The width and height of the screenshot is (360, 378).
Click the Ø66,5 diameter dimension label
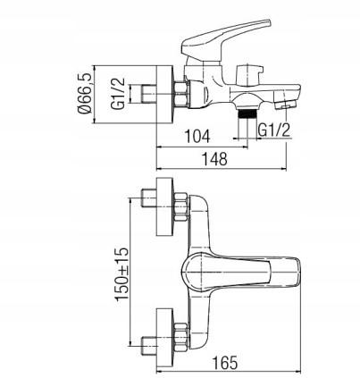point(85,94)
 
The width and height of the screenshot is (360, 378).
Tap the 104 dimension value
point(197,137)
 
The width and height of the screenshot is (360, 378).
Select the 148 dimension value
point(214,159)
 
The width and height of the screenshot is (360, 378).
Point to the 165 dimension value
point(225,363)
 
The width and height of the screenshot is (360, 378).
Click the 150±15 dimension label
point(121,273)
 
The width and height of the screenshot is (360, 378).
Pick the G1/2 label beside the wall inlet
point(118,94)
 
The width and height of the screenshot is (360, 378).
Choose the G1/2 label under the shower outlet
point(274,130)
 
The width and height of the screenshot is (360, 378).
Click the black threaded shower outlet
point(247,114)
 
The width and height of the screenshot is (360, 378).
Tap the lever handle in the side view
point(225,38)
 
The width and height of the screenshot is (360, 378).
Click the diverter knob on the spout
point(250,73)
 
